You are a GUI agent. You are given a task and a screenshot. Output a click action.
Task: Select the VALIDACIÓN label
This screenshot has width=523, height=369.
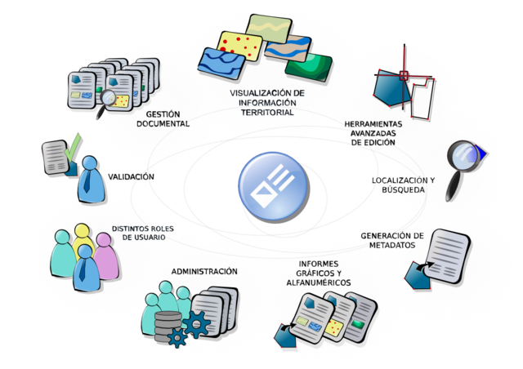(130, 176)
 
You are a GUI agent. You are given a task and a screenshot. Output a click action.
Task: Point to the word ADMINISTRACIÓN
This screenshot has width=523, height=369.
(204, 271)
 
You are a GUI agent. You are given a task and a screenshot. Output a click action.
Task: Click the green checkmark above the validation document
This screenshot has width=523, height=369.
(73, 146)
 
